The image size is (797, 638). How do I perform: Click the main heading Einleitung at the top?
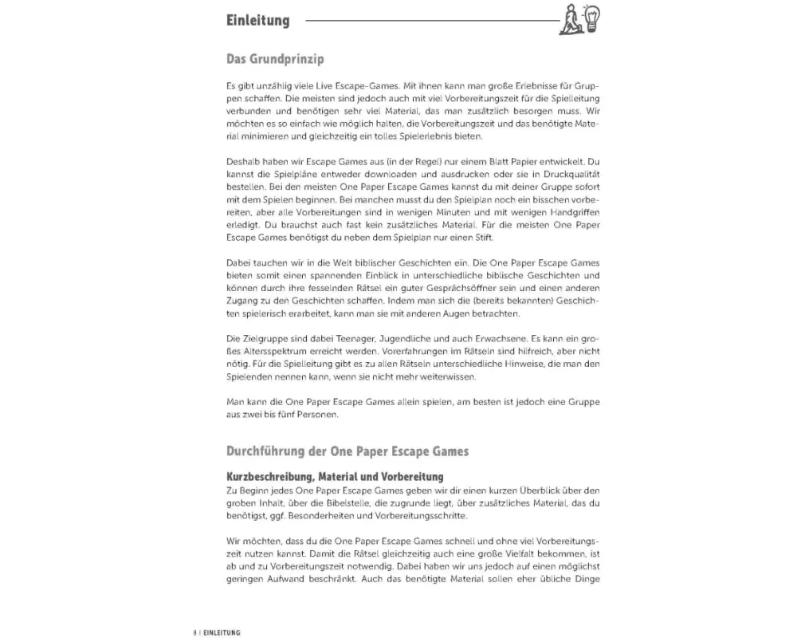257,21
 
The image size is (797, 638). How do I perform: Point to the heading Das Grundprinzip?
275,60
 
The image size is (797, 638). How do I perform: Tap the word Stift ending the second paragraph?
485,237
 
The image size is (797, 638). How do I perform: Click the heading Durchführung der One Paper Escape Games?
347,451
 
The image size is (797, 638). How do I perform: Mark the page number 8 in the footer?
194,632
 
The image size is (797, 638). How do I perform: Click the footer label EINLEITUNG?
220,632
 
